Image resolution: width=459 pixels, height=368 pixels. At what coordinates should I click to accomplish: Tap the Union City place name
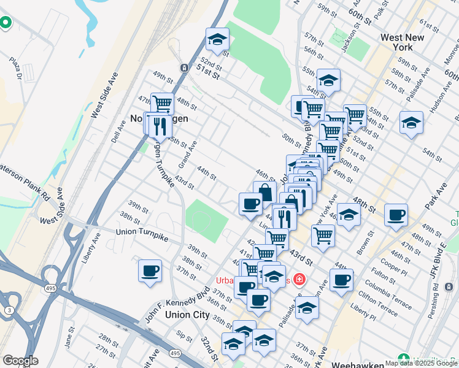(187, 314)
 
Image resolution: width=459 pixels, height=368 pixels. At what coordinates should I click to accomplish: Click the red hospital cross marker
(299, 280)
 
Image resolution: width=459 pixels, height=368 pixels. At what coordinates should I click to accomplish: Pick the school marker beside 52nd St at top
(216, 40)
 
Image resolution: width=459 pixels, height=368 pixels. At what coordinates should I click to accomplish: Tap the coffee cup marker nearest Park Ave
(396, 215)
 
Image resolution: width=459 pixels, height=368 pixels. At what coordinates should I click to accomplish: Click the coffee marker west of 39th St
(150, 271)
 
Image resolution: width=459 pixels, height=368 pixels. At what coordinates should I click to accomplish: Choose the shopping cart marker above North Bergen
(162, 104)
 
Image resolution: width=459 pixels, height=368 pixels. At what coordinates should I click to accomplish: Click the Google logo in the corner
(20, 361)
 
